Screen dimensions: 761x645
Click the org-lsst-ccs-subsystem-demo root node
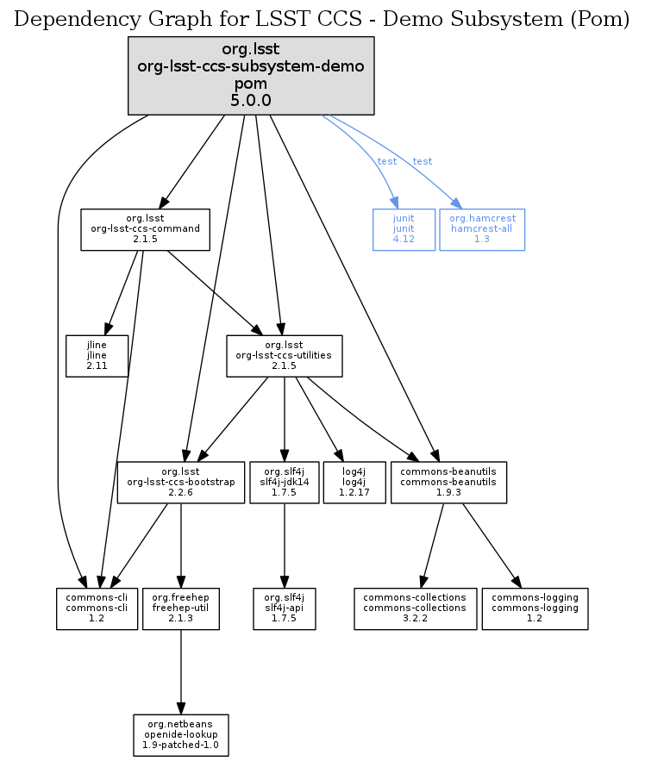(250, 75)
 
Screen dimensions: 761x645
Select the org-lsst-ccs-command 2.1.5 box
(145, 229)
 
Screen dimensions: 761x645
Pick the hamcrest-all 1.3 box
(482, 229)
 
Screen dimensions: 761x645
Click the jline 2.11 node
(97, 355)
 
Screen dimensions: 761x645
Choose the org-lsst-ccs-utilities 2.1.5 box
(285, 355)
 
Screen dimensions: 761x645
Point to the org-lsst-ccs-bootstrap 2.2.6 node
(180, 482)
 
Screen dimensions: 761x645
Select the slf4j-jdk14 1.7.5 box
(285, 482)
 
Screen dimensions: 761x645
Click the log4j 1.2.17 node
(353, 482)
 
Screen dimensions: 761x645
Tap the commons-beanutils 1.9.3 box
(448, 482)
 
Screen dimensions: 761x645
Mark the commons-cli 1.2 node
(97, 608)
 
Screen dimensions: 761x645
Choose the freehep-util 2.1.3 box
(180, 608)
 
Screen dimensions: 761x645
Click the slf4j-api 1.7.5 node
(285, 608)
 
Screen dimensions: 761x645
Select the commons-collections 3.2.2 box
(415, 608)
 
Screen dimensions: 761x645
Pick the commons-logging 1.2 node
(535, 608)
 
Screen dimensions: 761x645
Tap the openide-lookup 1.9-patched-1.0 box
(180, 735)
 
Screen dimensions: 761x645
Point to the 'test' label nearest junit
(387, 162)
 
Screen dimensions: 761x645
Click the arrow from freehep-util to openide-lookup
(180, 672)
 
